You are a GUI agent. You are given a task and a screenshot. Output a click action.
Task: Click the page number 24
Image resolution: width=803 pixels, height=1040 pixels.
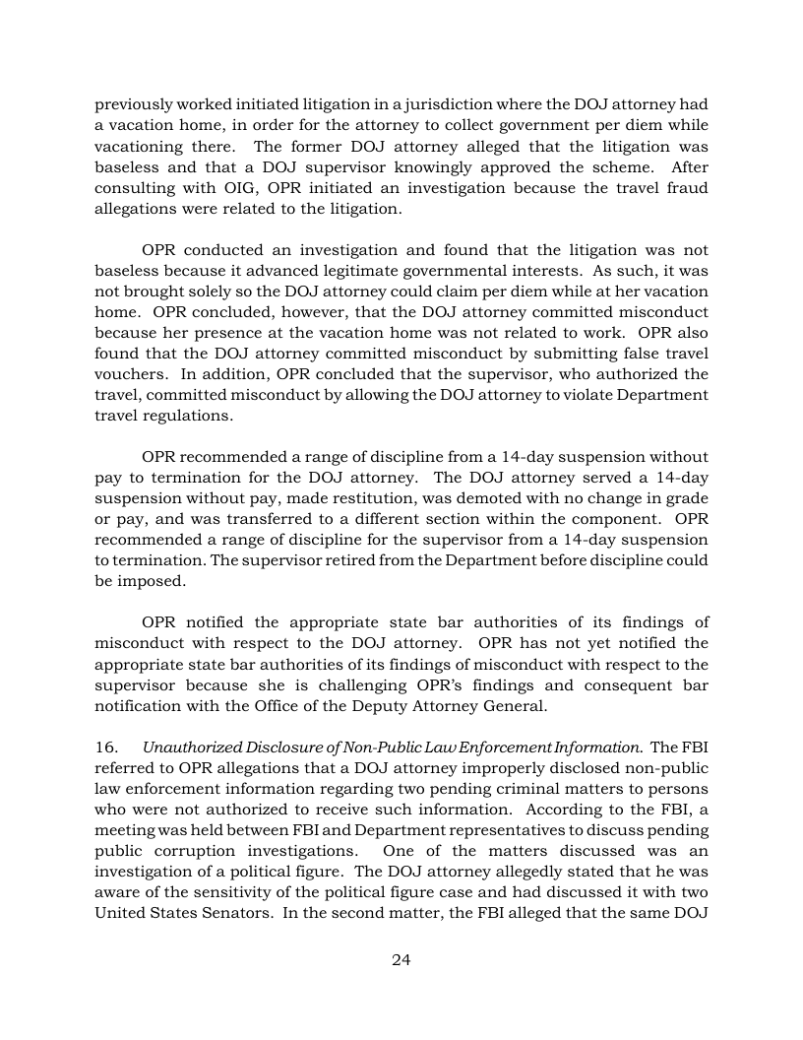[x=401, y=960]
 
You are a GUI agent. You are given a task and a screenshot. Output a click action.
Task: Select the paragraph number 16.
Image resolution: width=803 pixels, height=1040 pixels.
[x=105, y=747]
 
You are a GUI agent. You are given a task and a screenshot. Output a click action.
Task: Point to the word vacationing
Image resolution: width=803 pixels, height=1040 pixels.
[x=139, y=146]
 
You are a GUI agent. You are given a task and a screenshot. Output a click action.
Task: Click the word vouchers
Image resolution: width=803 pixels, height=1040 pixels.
[x=127, y=373]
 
